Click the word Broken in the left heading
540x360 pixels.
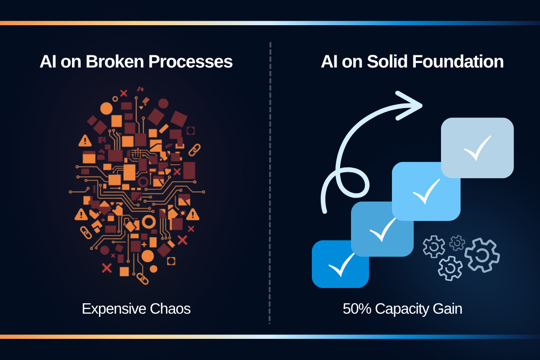tap(112, 62)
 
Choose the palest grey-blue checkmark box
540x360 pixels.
tap(477, 147)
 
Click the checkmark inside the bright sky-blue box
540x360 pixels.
tap(426, 191)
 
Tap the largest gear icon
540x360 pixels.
tap(482, 255)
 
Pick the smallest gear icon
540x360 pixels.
tap(457, 243)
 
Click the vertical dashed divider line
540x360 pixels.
tap(270, 180)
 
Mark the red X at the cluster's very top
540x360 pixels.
tap(124, 93)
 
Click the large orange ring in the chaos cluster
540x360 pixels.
tap(149, 221)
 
